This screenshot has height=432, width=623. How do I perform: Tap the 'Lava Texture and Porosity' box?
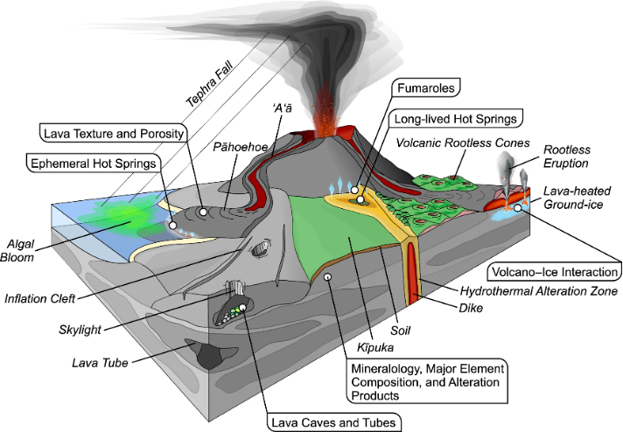click(114, 133)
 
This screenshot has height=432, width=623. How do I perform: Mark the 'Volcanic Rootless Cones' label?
click(457, 140)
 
